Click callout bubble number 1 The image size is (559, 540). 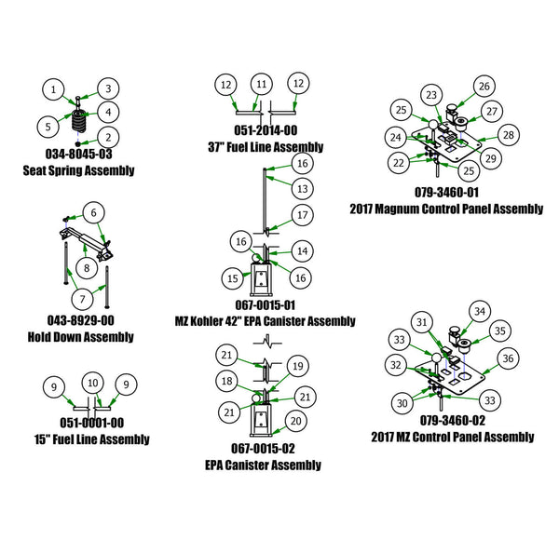pyautogui.click(x=55, y=89)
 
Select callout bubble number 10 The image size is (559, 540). pyautogui.click(x=92, y=384)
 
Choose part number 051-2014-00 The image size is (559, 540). pyautogui.click(x=266, y=131)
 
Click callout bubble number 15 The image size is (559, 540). pyautogui.click(x=232, y=278)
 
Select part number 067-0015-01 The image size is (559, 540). pyautogui.click(x=266, y=305)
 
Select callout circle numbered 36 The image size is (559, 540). pyautogui.click(x=507, y=357)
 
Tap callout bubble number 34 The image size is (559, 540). pyautogui.click(x=480, y=311)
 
